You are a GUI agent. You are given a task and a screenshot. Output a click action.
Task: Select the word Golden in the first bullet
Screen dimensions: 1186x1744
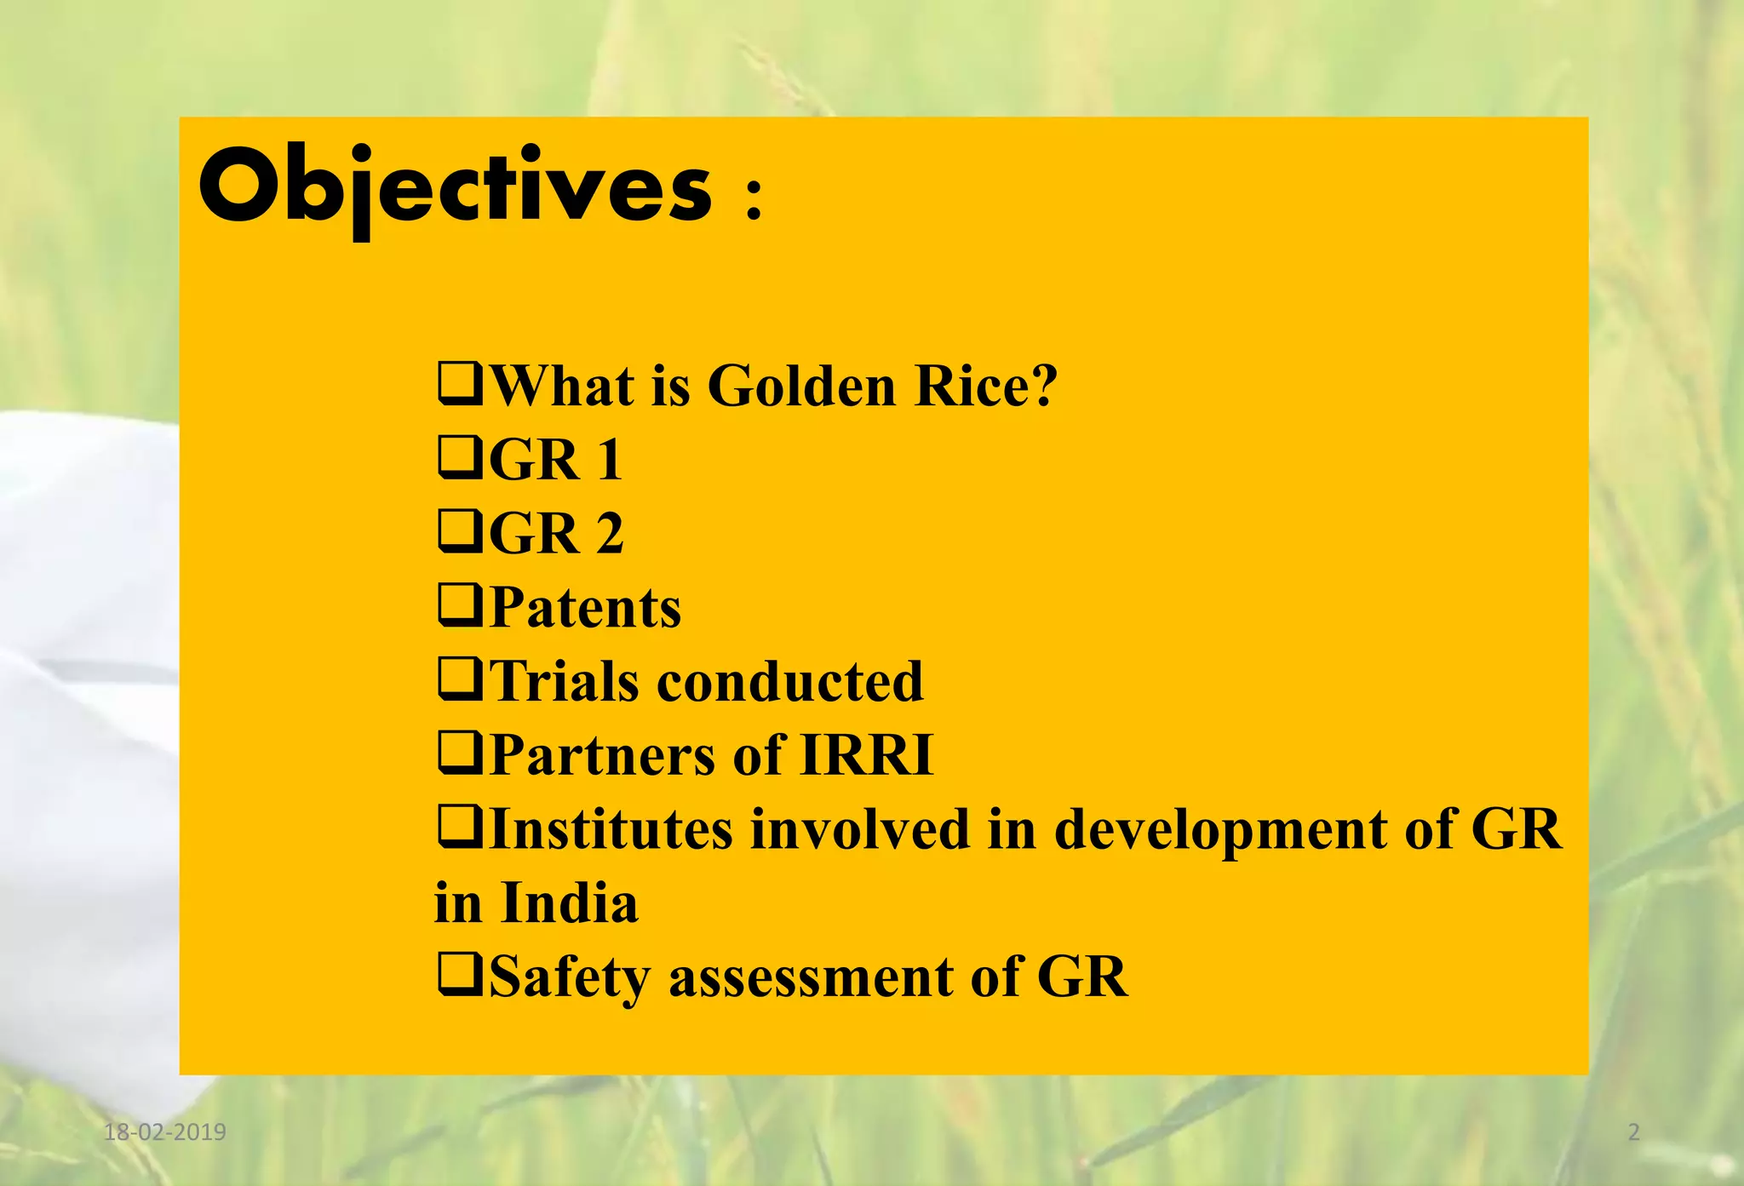tap(801, 387)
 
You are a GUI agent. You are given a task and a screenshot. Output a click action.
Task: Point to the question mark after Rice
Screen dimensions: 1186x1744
tap(1042, 387)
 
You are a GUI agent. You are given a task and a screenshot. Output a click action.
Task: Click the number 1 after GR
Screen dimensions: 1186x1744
tap(609, 461)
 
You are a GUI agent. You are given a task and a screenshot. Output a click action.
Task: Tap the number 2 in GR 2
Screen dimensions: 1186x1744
tap(609, 535)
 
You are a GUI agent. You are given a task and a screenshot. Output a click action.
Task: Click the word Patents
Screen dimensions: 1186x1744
tap(586, 608)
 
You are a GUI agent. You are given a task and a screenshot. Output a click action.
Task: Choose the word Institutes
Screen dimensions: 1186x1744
tap(611, 829)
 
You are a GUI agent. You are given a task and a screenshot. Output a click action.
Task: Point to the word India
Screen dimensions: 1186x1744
tap(569, 903)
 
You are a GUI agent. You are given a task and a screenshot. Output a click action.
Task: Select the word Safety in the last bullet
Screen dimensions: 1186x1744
tap(569, 977)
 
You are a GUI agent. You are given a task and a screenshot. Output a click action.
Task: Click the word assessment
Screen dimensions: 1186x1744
tap(811, 977)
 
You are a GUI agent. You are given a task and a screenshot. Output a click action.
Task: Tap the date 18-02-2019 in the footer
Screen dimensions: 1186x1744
tap(164, 1132)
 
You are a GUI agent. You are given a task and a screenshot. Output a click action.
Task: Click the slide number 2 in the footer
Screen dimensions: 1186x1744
tap(1633, 1132)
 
